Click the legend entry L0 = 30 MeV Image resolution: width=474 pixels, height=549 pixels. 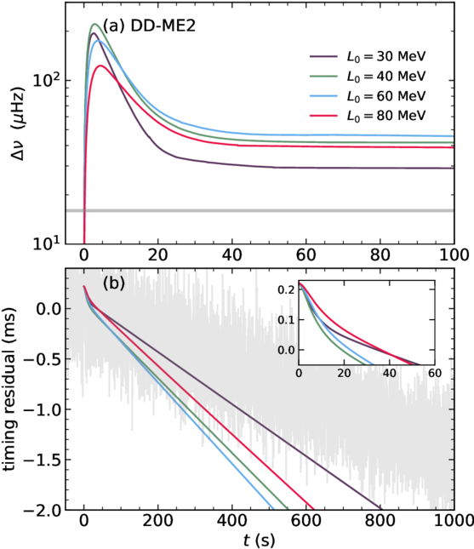(368, 56)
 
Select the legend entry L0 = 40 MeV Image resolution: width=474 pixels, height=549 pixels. (368, 76)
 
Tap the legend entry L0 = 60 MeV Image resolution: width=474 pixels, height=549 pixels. (368, 96)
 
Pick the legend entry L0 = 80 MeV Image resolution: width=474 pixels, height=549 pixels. (368, 116)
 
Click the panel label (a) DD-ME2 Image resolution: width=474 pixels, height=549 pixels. (149, 26)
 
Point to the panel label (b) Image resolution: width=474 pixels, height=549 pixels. (114, 283)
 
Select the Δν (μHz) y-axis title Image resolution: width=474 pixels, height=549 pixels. (18, 124)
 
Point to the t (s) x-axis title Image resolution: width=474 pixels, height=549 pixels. (259, 540)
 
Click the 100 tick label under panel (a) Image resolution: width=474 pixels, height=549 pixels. (454, 254)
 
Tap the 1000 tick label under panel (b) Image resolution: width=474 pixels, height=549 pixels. (454, 521)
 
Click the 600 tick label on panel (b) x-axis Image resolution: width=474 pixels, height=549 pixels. (306, 521)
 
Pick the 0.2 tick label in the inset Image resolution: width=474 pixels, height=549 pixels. (286, 289)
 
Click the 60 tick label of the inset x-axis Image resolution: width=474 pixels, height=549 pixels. (435, 374)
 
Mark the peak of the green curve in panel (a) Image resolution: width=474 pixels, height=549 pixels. (94, 24)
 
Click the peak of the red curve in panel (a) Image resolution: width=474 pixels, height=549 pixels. (100, 66)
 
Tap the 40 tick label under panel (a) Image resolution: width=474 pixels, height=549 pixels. (232, 254)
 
